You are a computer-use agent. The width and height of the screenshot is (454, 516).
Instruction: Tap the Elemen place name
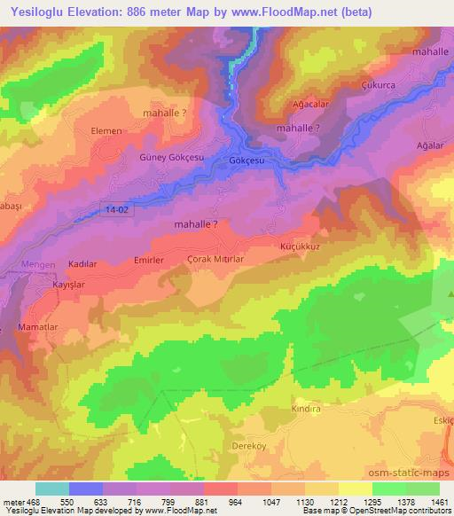(106, 130)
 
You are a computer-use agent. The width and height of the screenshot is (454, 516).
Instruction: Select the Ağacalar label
(311, 104)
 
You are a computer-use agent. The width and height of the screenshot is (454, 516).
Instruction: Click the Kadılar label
(82, 265)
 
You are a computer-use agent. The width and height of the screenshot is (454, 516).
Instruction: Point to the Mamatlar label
(36, 328)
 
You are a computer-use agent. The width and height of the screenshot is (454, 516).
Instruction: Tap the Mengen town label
(37, 264)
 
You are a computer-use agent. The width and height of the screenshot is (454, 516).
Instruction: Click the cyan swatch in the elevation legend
(52, 489)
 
